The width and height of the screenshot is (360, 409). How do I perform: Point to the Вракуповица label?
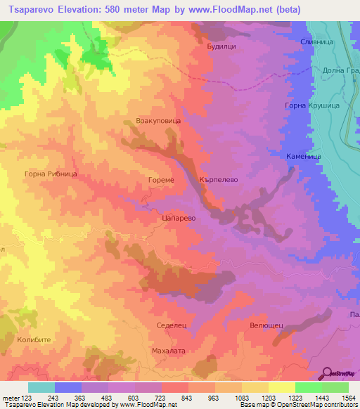click(x=158, y=121)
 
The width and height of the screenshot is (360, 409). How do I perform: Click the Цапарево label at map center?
click(x=178, y=219)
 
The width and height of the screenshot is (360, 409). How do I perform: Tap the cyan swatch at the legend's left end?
click(x=41, y=387)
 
